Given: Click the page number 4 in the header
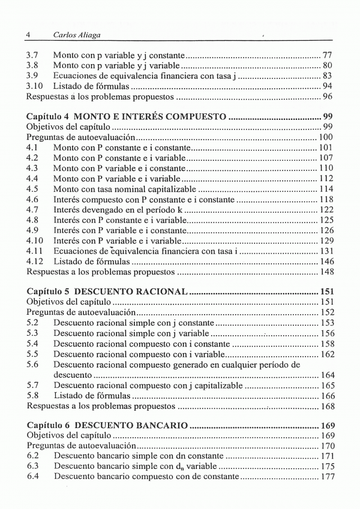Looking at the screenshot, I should coord(29,35).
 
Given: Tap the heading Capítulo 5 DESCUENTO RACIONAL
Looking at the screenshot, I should coord(108,292).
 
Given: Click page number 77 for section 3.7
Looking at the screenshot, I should coord(327,55).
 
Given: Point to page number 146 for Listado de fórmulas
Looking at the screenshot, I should coord(325,261).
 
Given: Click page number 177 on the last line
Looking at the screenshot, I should coord(325,476).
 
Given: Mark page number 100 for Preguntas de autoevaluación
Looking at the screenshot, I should coord(325,137).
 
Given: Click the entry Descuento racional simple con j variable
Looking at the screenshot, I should coord(131,333).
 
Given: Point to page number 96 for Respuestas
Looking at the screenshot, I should coord(327,97).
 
